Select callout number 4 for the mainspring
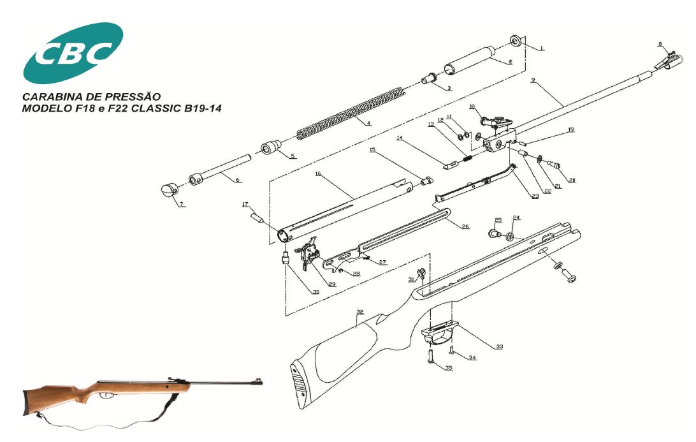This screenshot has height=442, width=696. [368, 122]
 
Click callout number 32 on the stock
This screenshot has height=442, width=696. [360, 312]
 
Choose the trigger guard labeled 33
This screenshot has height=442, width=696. [440, 332]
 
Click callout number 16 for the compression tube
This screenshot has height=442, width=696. [317, 173]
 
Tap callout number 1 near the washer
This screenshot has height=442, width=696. [542, 48]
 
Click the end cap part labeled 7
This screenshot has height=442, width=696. [168, 190]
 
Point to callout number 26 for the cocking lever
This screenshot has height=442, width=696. [465, 226]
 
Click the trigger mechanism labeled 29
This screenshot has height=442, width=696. [310, 252]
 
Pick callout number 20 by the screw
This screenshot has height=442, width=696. [572, 180]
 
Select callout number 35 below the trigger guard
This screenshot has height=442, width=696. [448, 368]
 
